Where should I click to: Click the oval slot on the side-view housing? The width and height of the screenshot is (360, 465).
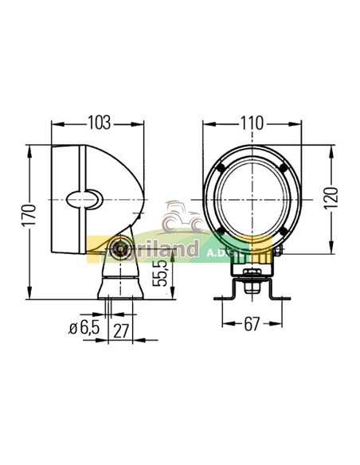click(86, 197)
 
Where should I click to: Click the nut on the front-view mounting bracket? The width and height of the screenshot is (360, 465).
click(250, 278)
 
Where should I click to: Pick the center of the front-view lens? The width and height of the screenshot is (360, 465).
click(251, 200)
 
